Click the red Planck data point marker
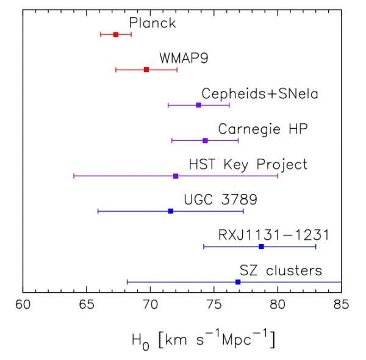pyautogui.click(x=116, y=34)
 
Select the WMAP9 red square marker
pyautogui.click(x=146, y=70)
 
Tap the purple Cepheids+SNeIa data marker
pyautogui.click(x=198, y=105)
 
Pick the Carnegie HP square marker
pyautogui.click(x=205, y=140)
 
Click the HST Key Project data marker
pyautogui.click(x=176, y=176)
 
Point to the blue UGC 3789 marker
pyautogui.click(x=171, y=211)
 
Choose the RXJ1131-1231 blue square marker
pyautogui.click(x=261, y=247)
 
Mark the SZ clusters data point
pyautogui.click(x=238, y=282)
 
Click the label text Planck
pyautogui.click(x=152, y=23)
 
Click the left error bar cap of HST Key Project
pyautogui.click(x=74, y=176)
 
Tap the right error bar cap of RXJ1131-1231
pyautogui.click(x=316, y=247)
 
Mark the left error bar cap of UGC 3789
pyautogui.click(x=98, y=211)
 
